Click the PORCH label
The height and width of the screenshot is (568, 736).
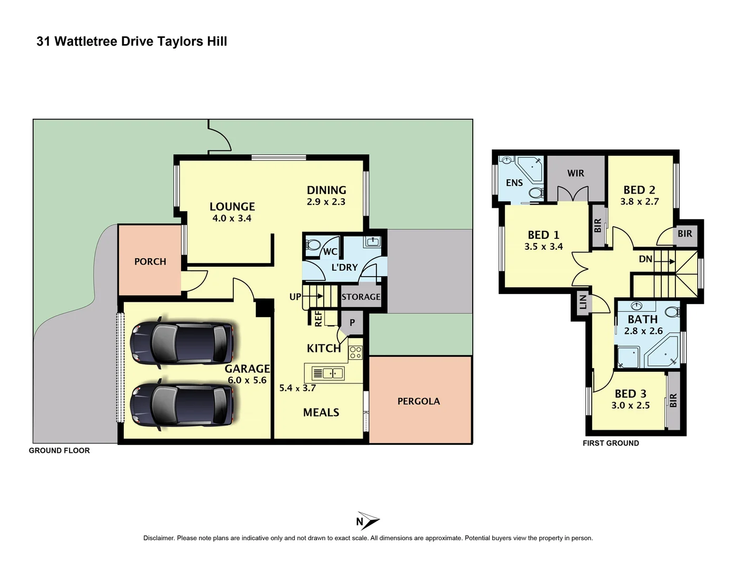tap(150, 261)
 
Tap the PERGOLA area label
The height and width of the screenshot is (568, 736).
tap(419, 401)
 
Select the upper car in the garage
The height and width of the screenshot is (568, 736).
tap(182, 342)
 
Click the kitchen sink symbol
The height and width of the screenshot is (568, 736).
tap(328, 373)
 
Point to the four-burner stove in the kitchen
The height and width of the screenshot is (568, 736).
tap(356, 352)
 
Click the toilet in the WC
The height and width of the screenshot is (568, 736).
tap(313, 245)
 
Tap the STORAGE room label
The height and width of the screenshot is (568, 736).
tap(361, 297)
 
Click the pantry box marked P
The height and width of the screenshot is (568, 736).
tap(352, 323)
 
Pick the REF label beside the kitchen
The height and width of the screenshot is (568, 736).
tap(318, 319)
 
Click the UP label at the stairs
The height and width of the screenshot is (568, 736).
tap(295, 297)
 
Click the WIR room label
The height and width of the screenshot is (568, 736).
tap(575, 173)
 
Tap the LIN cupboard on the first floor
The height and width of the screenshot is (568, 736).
tap(583, 302)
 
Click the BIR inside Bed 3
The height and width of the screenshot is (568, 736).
tap(673, 401)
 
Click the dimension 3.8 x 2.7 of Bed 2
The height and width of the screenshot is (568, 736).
tap(639, 201)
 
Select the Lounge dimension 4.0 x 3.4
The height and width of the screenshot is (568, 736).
tap(232, 218)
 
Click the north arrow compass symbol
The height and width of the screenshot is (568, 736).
tap(367, 521)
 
